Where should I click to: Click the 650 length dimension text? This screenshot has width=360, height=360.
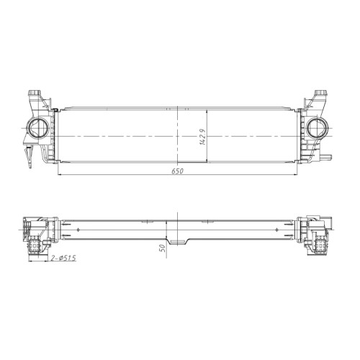tap(177, 171)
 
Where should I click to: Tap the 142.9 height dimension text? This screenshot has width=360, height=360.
tap(202, 137)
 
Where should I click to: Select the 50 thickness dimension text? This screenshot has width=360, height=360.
tap(162, 248)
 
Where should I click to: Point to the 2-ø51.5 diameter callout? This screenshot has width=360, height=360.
tap(63, 258)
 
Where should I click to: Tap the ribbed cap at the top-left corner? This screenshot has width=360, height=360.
tap(35, 93)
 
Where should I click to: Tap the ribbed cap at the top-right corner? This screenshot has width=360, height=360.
tap(320, 93)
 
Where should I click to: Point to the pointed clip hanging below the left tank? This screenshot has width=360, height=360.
tap(30, 157)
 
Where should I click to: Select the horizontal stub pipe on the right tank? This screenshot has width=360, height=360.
tap(326, 157)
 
